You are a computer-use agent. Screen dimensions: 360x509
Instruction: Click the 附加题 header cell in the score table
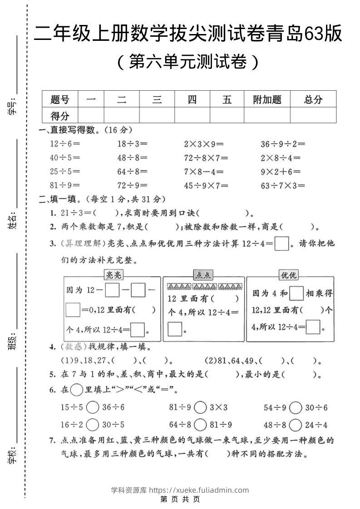[x=267, y=99]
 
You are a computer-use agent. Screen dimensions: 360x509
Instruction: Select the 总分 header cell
[x=313, y=99]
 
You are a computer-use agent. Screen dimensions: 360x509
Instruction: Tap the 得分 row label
[x=60, y=115]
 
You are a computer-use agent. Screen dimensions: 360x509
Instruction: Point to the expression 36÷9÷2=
[x=282, y=144]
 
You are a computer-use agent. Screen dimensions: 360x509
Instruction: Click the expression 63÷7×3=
[x=282, y=185]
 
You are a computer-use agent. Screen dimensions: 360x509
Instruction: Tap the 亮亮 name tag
[x=113, y=274]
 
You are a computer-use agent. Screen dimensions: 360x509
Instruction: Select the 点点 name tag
[x=203, y=274]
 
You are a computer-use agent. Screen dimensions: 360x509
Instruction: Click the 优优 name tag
[x=288, y=274]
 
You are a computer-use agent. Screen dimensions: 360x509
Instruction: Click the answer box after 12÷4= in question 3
[x=282, y=244]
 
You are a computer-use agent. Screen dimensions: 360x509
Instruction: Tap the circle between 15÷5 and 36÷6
[x=92, y=407]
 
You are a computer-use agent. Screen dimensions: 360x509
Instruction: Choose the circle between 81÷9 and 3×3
[x=200, y=407]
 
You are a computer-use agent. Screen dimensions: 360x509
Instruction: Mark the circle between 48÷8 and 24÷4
[x=295, y=425]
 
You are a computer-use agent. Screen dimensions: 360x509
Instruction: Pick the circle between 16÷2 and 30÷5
[x=92, y=425]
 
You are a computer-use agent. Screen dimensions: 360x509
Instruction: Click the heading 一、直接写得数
[x=68, y=130]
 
